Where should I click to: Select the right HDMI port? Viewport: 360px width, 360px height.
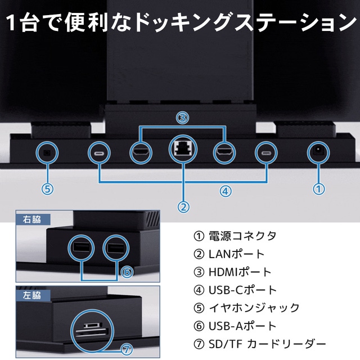225,152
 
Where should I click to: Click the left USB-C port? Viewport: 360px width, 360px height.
98,152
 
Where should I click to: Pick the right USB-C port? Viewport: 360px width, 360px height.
264,152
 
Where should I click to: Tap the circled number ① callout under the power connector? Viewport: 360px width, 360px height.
318,189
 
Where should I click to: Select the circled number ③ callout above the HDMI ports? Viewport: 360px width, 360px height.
182,118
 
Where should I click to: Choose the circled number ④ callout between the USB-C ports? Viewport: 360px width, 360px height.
224,191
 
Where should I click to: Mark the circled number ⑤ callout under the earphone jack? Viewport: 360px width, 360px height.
48,189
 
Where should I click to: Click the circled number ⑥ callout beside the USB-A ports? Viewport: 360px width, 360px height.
127,272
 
